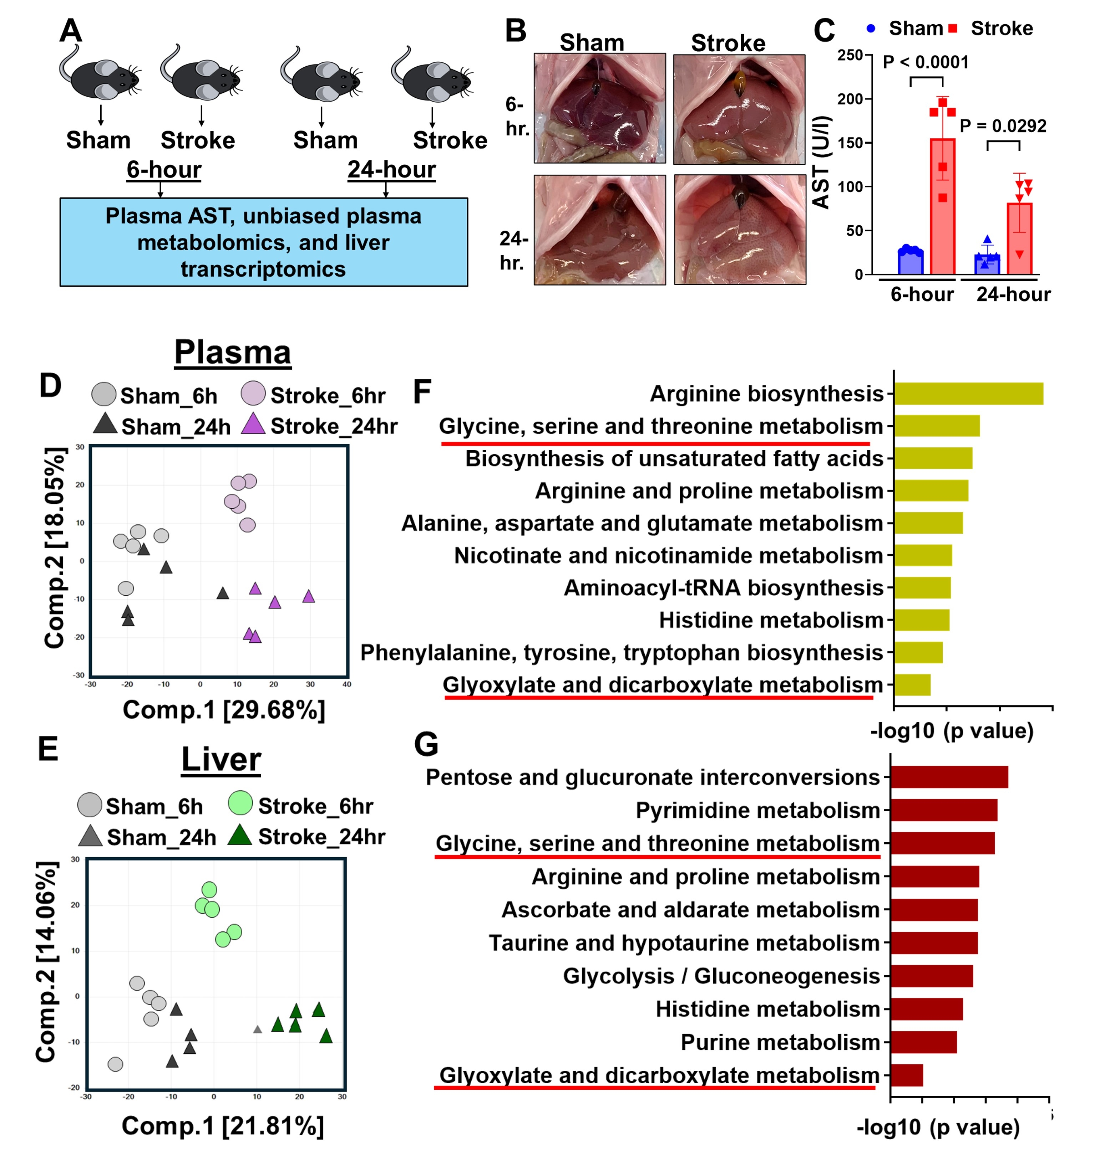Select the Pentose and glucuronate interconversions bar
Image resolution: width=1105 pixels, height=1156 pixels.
click(949, 777)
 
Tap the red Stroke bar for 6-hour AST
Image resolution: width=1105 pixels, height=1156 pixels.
click(942, 206)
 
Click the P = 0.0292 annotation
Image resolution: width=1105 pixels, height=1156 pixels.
click(1003, 126)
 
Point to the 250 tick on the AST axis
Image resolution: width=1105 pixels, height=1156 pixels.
click(850, 55)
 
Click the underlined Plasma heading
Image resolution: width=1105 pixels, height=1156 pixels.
click(233, 353)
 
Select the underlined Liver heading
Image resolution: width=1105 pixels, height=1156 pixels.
click(221, 759)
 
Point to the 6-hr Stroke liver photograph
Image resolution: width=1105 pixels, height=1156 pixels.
click(739, 109)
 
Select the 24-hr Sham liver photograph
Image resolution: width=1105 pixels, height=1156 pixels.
click(600, 230)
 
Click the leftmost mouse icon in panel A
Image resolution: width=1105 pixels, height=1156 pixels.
click(100, 77)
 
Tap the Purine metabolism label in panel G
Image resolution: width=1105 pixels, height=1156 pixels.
click(780, 1042)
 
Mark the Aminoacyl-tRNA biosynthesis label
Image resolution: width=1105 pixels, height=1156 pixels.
click(723, 588)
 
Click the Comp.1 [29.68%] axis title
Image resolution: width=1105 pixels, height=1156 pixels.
click(224, 710)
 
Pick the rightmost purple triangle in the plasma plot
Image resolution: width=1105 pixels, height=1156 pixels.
click(309, 596)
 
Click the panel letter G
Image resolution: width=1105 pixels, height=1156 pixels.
click(426, 745)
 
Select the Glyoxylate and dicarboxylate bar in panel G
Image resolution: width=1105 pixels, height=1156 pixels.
click(907, 1075)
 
